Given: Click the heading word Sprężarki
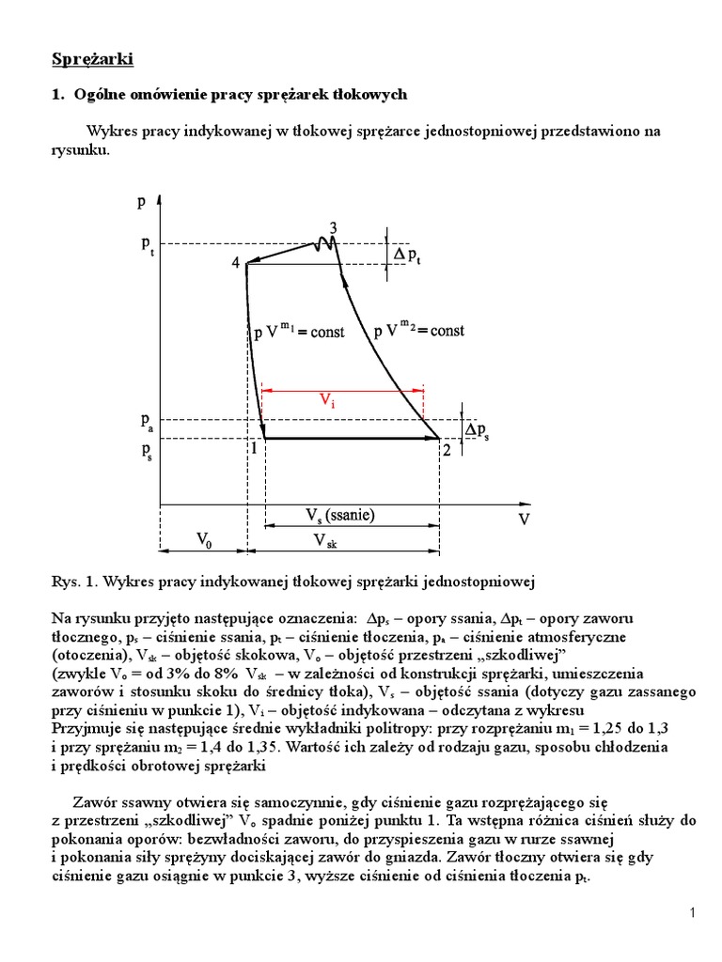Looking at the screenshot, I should (92, 61).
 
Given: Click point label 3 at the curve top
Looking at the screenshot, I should (333, 227).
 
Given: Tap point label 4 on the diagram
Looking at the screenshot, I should (235, 263).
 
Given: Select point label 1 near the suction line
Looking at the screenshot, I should (253, 449).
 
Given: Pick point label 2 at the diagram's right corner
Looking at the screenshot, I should (447, 450).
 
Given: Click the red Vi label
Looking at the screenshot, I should (326, 401).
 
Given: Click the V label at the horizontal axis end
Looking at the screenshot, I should (523, 518).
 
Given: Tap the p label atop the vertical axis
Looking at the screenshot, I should (141, 200).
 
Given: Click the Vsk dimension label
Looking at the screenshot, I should (325, 540).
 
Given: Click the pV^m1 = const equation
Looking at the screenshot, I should (300, 331).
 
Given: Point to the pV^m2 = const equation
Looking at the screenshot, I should (418, 330).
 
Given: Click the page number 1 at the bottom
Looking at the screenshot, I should (691, 913).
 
